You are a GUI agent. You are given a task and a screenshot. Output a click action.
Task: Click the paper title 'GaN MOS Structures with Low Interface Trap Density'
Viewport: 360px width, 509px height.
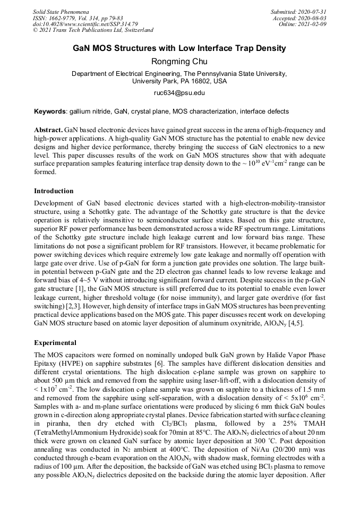179,48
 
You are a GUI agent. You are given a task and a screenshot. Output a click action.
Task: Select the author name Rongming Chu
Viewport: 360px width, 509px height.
179,62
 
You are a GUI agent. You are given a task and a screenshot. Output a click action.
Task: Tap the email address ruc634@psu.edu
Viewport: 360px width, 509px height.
179,93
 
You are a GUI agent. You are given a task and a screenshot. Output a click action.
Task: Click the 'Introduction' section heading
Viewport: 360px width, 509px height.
54,191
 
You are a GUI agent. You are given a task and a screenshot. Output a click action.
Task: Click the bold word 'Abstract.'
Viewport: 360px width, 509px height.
48,130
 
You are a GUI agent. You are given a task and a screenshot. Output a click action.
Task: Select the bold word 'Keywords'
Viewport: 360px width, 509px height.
50,111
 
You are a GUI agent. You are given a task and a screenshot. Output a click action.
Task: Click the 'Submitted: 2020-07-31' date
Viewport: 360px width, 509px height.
298,12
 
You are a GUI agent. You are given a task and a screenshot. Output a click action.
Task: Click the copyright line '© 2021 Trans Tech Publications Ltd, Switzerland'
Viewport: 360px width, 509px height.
93,30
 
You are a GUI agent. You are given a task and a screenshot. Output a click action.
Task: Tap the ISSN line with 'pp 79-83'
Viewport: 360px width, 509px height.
78,18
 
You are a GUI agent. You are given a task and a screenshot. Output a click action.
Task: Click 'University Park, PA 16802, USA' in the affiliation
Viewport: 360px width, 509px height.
179,81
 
